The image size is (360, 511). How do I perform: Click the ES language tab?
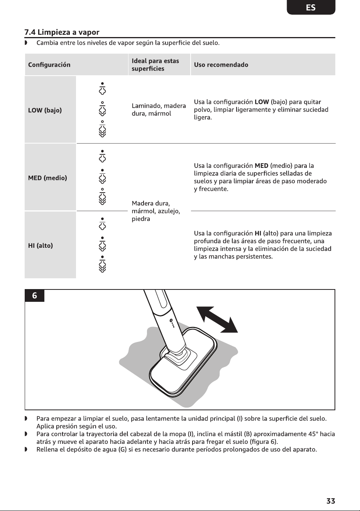311,7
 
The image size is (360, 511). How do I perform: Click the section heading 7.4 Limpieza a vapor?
62,32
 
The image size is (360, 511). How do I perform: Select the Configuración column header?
49,65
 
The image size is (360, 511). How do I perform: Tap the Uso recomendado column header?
221,65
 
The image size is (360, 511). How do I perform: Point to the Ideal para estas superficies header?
155,65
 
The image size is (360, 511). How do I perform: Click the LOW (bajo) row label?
45,110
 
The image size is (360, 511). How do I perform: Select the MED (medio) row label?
48,178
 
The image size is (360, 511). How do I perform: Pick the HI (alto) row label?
41,245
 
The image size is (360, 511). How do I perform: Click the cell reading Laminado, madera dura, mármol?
159,110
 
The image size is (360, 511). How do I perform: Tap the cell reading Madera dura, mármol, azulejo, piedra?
156,211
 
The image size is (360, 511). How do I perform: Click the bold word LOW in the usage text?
262,102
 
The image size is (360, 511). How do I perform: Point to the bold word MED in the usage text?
262,166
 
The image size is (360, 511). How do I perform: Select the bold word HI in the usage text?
258,234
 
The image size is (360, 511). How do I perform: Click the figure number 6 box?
34,296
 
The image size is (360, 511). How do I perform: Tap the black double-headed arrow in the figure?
217,320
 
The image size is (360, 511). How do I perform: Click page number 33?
331,501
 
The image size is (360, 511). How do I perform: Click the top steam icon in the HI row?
102,223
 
